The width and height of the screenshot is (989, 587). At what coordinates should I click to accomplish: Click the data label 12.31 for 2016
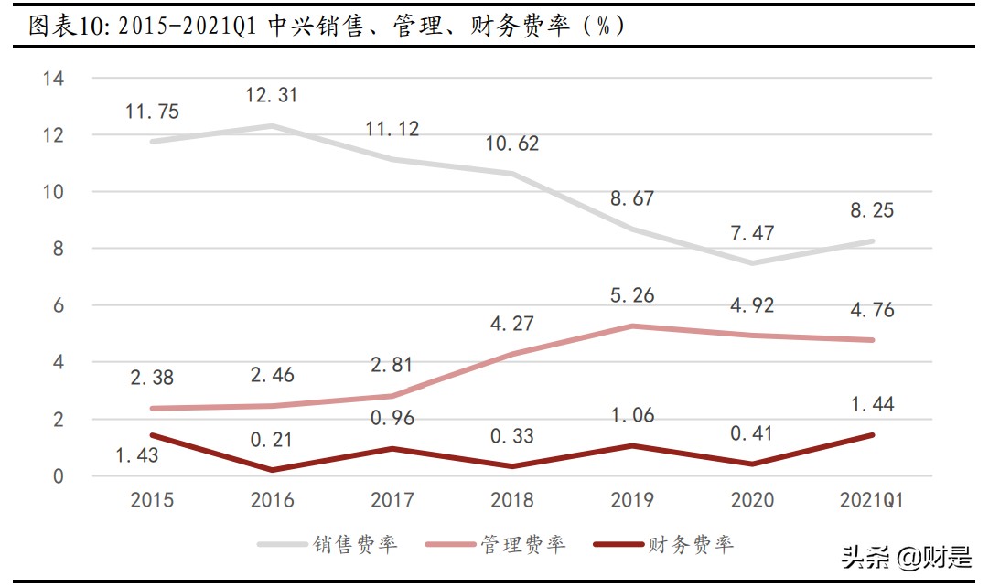272,95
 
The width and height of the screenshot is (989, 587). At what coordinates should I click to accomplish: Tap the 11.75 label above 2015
152,112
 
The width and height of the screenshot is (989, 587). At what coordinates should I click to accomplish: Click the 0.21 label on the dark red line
272,440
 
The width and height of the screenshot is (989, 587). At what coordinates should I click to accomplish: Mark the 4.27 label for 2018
511,323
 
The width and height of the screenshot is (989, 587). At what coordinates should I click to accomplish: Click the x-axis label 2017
392,500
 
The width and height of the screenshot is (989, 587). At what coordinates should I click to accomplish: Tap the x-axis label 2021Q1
871,500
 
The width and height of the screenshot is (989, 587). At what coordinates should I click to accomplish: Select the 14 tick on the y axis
53,79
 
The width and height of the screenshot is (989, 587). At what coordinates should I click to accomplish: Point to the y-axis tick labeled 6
58,305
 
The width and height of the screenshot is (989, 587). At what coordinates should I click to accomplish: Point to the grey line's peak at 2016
272,126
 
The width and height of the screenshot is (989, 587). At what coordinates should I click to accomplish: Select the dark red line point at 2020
750,464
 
